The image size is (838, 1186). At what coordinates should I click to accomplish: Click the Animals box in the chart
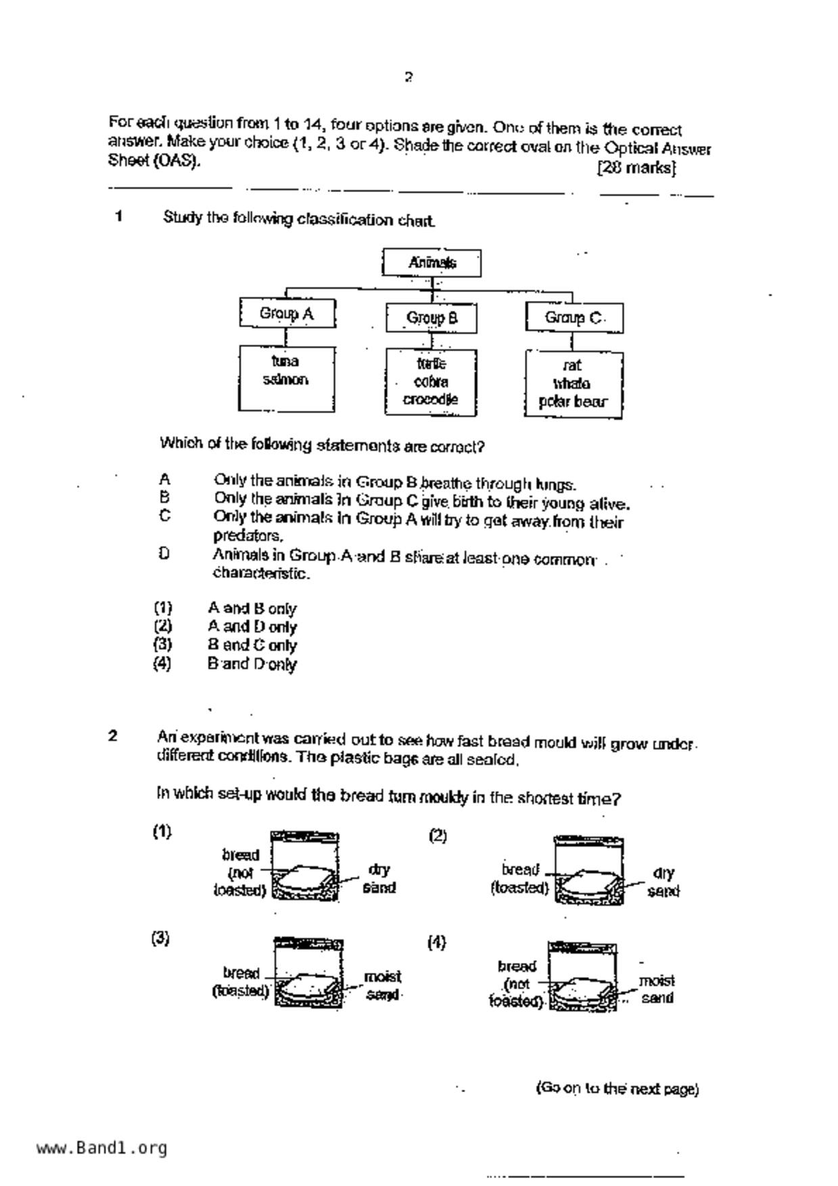pyautogui.click(x=432, y=262)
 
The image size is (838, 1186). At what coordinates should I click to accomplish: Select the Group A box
pyautogui.click(x=287, y=314)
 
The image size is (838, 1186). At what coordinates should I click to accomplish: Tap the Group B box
pyautogui.click(x=432, y=318)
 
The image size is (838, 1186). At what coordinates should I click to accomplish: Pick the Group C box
pyautogui.click(x=574, y=318)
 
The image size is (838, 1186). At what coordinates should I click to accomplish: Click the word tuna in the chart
pyautogui.click(x=285, y=361)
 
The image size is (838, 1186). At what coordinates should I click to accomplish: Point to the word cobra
pyautogui.click(x=431, y=381)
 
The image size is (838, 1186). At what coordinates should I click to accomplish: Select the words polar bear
pyautogui.click(x=573, y=402)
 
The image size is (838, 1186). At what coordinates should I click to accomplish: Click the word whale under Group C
pyautogui.click(x=572, y=383)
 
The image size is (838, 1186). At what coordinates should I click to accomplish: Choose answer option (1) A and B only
pyautogui.click(x=252, y=609)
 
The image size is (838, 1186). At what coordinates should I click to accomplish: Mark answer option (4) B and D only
pyautogui.click(x=252, y=664)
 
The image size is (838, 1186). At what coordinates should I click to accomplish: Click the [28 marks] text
pyautogui.click(x=636, y=167)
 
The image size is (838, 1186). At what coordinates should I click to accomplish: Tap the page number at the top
pyautogui.click(x=409, y=77)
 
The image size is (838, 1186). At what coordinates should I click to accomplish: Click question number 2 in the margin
pyautogui.click(x=113, y=736)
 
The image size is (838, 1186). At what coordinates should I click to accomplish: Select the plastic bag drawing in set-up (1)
pyautogui.click(x=305, y=866)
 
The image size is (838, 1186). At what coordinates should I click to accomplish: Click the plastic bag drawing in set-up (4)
pyautogui.click(x=582, y=976)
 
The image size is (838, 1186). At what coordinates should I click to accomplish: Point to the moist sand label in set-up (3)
pyautogui.click(x=383, y=986)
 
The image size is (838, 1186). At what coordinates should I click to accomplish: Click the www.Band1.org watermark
pyautogui.click(x=101, y=1148)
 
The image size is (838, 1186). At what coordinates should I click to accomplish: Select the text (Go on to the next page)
pyautogui.click(x=617, y=1089)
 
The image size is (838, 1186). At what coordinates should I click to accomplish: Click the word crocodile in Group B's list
pyautogui.click(x=431, y=400)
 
